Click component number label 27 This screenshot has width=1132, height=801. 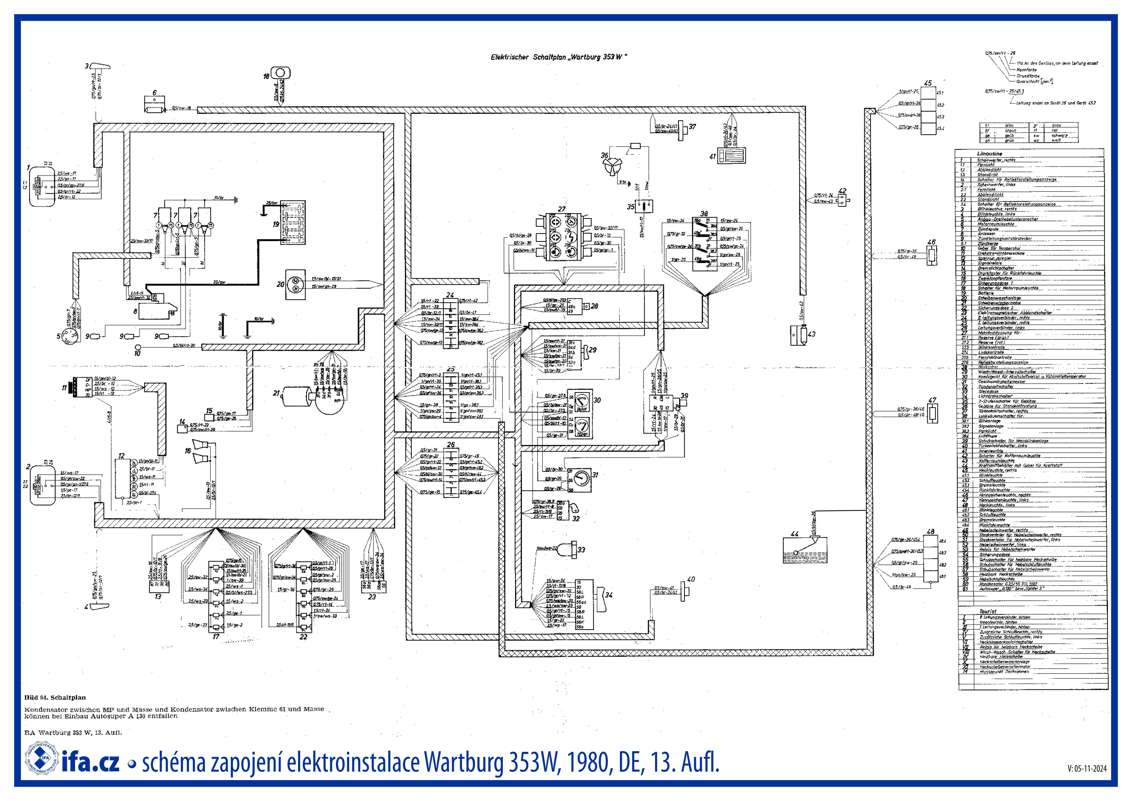[x=561, y=209]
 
